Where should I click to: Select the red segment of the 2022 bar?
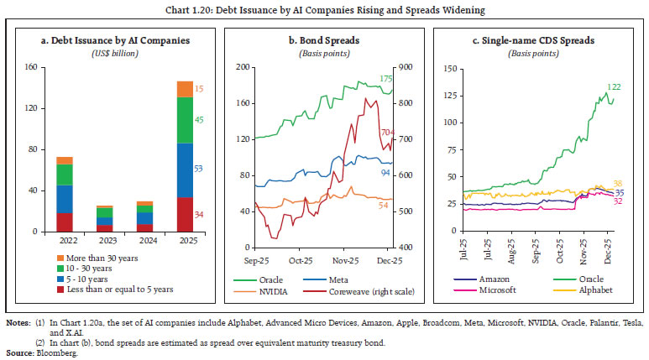[x=64, y=222]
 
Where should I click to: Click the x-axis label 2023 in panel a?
[x=104, y=241]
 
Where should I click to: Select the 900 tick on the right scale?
[x=403, y=67]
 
